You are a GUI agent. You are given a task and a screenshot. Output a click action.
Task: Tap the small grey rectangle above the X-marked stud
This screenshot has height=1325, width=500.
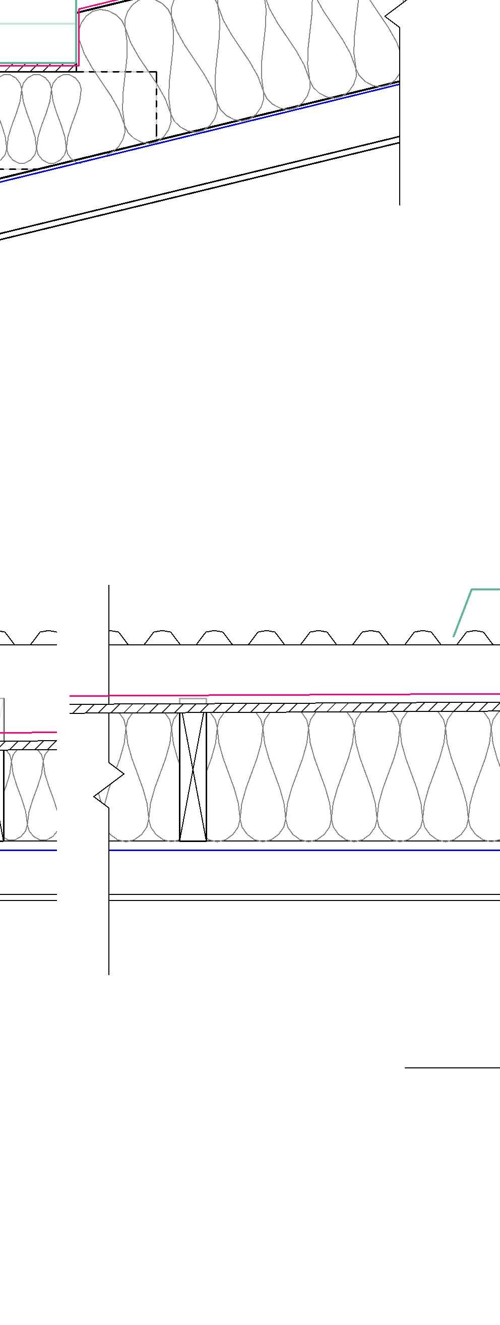pyautogui.click(x=193, y=700)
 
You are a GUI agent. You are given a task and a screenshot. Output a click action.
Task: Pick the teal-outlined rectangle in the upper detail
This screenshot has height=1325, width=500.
pyautogui.click(x=39, y=31)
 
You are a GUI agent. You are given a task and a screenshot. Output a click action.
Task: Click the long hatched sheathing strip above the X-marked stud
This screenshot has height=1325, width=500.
pyautogui.click(x=308, y=708)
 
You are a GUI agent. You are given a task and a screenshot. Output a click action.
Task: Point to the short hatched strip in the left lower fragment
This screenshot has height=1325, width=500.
pyautogui.click(x=28, y=745)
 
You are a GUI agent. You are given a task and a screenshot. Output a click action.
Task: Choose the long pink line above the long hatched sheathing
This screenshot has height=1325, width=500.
pyautogui.click(x=308, y=695)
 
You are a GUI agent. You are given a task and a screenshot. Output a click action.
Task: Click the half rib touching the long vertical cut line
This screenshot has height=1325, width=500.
pyautogui.click(x=118, y=638)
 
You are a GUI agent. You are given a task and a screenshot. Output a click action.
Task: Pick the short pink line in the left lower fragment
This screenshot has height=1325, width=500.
pyautogui.click(x=28, y=732)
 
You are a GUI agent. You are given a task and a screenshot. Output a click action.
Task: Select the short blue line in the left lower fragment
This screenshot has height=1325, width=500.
pyautogui.click(x=28, y=850)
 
